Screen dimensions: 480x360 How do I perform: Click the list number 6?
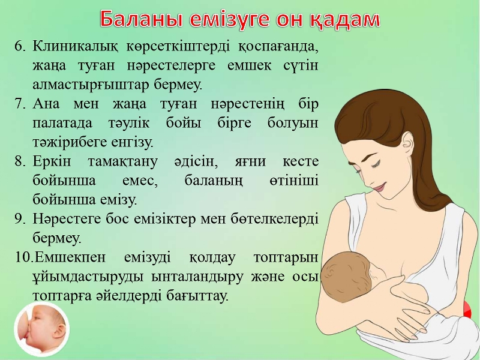pos(20,47)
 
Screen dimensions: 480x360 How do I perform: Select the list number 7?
pos(20,104)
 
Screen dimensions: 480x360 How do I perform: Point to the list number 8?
pos(20,161)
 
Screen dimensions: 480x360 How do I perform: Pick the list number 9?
pos(20,219)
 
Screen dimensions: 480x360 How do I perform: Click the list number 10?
pos(23,257)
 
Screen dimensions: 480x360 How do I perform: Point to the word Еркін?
pos(52,161)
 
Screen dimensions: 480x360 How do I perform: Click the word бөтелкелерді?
pos(274,219)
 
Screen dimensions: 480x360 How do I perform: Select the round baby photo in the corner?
pos(42,329)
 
